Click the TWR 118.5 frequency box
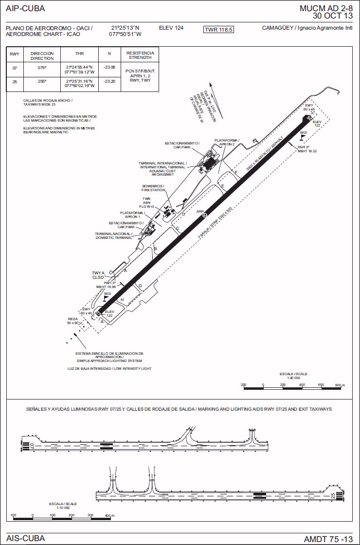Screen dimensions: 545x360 (x=219, y=30)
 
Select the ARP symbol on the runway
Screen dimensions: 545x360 (x=205, y=215)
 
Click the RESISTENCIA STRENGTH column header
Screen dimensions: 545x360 (x=140, y=55)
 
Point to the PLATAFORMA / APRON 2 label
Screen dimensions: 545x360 (x=227, y=142)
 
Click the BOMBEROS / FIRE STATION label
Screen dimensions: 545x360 (x=154, y=188)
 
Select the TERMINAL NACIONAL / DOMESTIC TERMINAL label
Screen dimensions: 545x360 (x=114, y=236)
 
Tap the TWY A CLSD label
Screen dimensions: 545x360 (x=98, y=275)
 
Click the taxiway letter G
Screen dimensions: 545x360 (x=140, y=286)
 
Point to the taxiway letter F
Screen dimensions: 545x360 (x=236, y=172)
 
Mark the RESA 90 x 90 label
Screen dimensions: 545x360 (x=73, y=321)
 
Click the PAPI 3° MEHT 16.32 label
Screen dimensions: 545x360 (x=307, y=149)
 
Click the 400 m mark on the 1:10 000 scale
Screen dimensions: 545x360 (x=108, y=515)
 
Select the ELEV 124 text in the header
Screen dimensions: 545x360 (x=171, y=28)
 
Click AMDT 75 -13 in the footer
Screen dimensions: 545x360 (x=328, y=539)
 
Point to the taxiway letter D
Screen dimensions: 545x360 (x=183, y=214)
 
